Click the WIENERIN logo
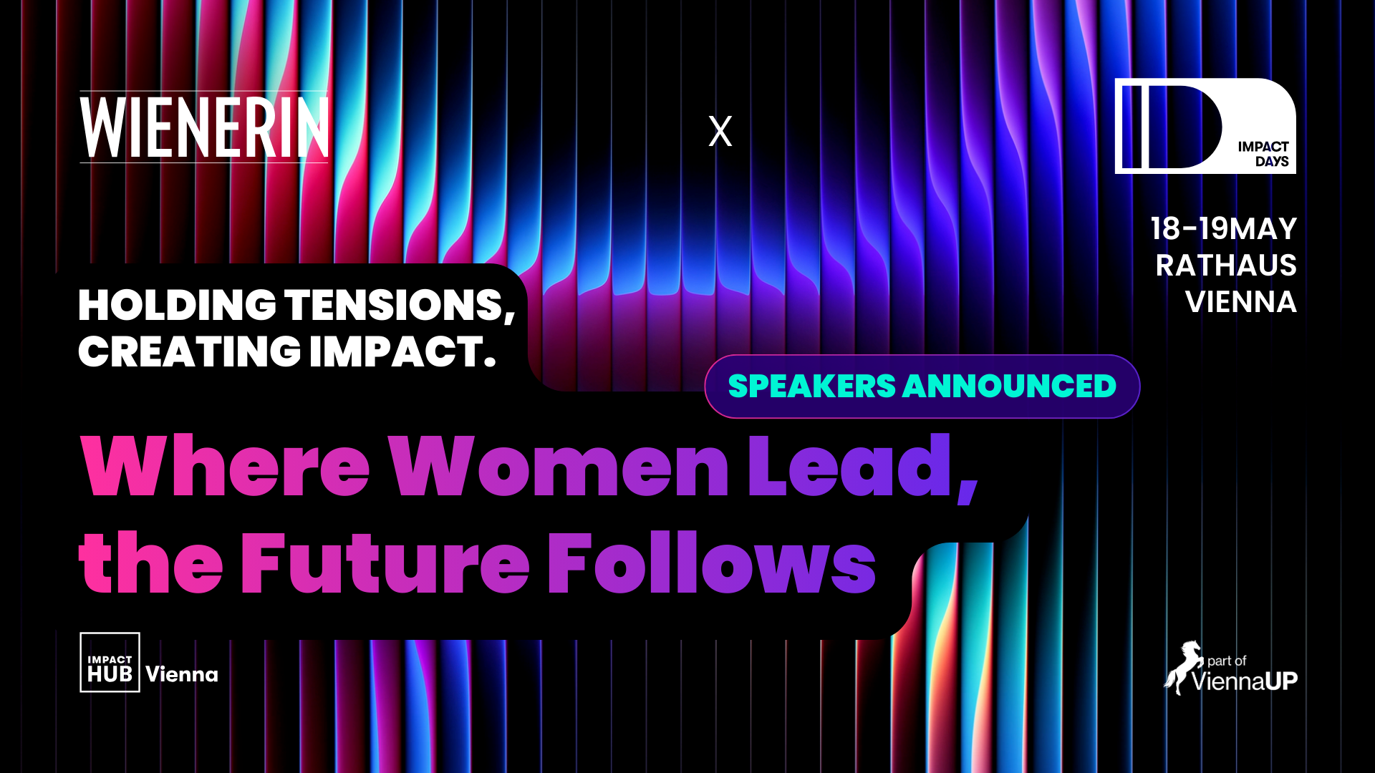(x=204, y=127)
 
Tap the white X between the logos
(x=720, y=131)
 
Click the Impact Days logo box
(x=1205, y=126)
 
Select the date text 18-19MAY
(x=1224, y=229)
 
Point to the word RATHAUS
(x=1226, y=266)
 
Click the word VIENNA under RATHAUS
(x=1241, y=302)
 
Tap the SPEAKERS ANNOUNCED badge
(x=922, y=386)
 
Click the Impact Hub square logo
(x=110, y=662)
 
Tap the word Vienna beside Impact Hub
(x=182, y=674)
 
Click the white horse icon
(x=1182, y=667)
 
